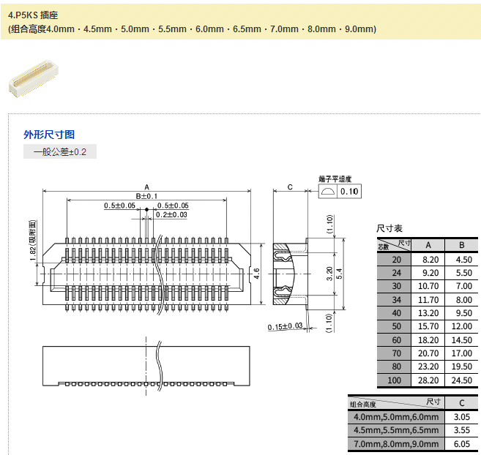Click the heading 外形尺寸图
point(49,135)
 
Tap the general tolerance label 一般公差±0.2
point(60,151)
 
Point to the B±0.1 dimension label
point(146,196)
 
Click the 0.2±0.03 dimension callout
point(171,214)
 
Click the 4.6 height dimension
point(256,274)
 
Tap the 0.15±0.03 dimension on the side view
point(286,326)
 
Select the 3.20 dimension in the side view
point(329,274)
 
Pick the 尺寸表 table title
point(389,229)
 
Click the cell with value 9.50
point(461,312)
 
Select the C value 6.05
point(461,444)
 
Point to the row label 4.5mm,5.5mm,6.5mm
point(395,430)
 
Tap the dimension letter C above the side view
point(290,187)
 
